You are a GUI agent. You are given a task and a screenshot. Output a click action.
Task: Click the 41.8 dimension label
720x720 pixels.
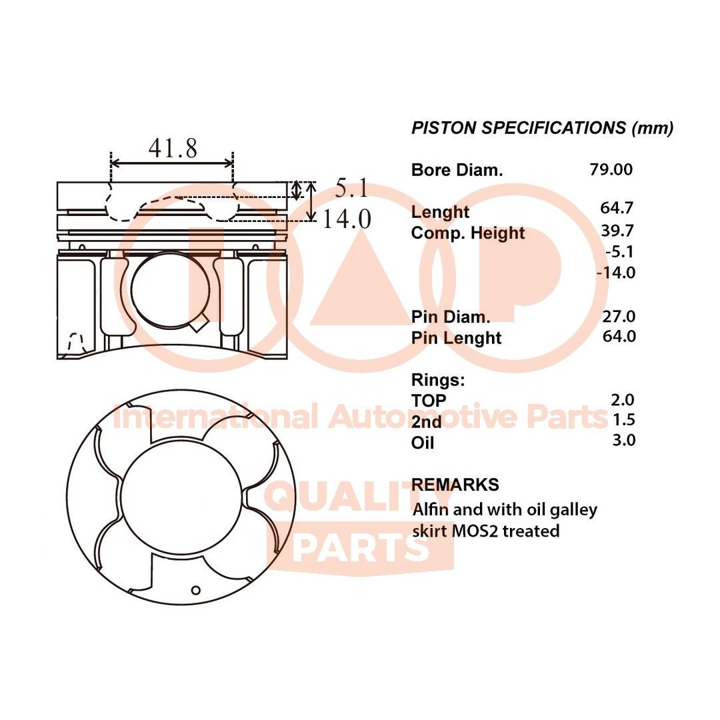click(172, 148)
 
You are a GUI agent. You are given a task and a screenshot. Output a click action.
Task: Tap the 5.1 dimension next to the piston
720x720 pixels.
click(351, 189)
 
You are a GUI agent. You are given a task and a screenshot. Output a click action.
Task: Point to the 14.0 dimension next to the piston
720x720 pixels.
click(347, 219)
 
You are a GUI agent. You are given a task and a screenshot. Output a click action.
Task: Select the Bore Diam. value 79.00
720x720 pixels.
click(611, 169)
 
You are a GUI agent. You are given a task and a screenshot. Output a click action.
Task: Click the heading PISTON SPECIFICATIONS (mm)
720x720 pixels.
click(542, 128)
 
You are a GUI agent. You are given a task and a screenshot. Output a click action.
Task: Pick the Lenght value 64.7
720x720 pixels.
click(617, 207)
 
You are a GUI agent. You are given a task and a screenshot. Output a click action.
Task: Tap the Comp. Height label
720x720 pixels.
click(468, 233)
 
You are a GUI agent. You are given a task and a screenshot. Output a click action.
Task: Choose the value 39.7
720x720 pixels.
click(617, 230)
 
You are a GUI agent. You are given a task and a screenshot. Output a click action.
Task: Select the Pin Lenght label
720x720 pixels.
click(456, 337)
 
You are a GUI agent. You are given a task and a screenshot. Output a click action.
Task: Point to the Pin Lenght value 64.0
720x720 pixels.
click(618, 336)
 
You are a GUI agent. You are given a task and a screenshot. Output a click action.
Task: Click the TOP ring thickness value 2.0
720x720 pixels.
click(623, 400)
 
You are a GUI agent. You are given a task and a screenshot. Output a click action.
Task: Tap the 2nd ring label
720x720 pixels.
click(426, 421)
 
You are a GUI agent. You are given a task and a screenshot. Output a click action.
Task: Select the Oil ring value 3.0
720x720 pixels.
click(623, 440)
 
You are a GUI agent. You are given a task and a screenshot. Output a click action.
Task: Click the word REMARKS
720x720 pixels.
click(455, 485)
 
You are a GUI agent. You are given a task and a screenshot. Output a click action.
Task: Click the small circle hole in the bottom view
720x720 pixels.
click(195, 589)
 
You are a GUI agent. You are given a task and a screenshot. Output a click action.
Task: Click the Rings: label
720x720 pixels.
click(437, 380)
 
